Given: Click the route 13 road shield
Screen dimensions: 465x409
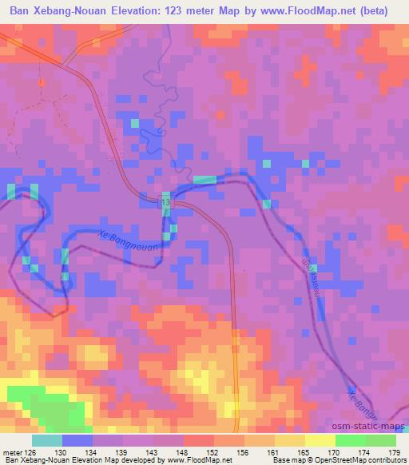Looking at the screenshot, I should coord(165,205).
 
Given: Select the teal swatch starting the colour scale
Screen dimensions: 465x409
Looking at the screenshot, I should coord(47,440).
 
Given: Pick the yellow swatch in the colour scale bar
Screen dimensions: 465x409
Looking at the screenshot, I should coord(320,440).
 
